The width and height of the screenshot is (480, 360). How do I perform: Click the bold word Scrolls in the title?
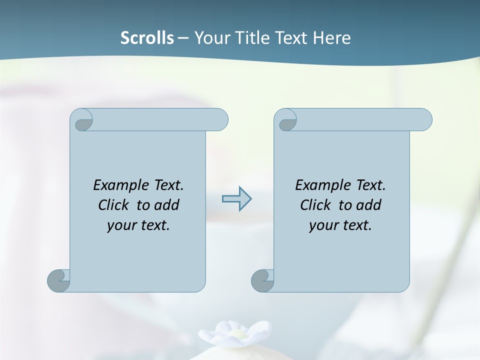[x=147, y=38]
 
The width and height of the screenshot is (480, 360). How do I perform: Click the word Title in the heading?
[x=249, y=38]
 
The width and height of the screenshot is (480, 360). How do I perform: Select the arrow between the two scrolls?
[x=236, y=199]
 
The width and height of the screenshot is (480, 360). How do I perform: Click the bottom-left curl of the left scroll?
[x=58, y=280]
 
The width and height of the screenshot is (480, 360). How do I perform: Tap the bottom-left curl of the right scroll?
[x=262, y=280]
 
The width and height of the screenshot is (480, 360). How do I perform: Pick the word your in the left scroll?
[x=121, y=225]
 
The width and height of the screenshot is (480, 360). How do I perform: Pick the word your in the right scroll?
[x=323, y=225]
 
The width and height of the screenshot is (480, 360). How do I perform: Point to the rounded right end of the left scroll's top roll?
[x=220, y=120]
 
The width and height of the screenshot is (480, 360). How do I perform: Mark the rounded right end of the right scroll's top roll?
[x=424, y=120]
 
